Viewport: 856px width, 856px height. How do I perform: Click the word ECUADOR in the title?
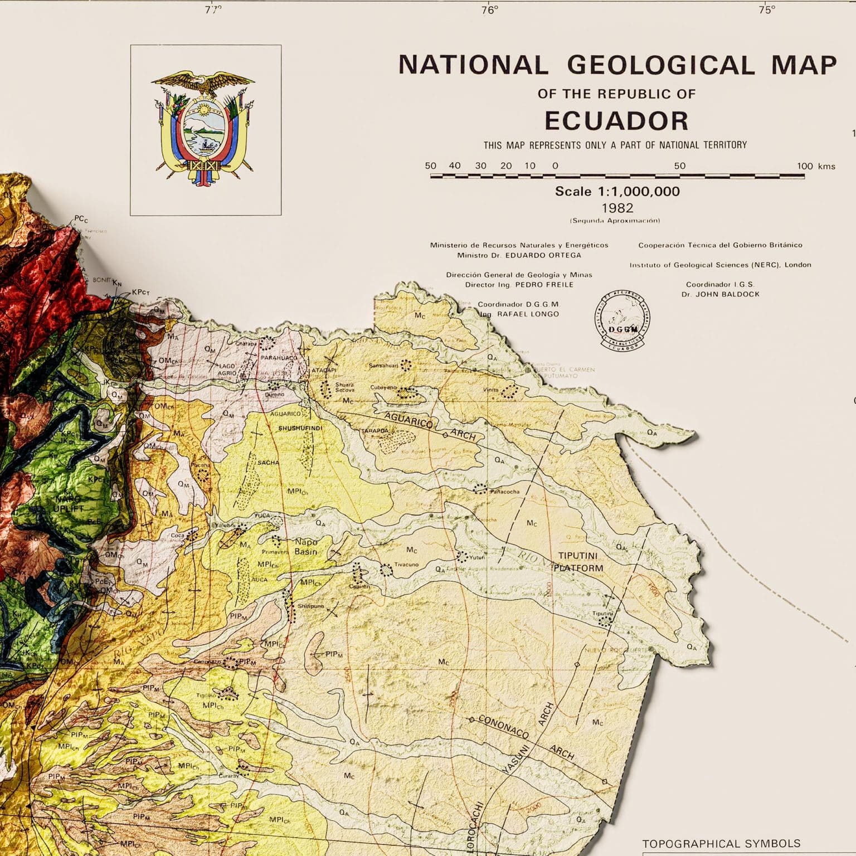point(616,120)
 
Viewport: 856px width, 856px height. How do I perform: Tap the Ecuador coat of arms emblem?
point(206,128)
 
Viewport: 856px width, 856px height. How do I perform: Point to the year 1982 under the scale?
point(617,208)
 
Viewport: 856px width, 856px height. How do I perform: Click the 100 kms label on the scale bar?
point(816,166)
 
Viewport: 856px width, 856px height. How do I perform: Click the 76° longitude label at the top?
point(490,10)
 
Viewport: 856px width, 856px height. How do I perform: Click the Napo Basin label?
point(305,547)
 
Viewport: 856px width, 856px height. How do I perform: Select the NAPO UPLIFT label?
point(68,503)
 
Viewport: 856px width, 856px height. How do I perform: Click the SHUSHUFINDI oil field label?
point(300,428)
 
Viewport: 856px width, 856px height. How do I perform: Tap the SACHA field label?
point(268,463)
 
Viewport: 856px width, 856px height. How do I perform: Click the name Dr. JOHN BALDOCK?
point(720,294)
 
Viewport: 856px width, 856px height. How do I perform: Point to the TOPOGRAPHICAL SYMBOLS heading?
point(721,843)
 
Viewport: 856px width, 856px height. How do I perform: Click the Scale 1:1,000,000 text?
point(617,191)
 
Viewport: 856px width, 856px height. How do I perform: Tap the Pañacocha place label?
point(505,492)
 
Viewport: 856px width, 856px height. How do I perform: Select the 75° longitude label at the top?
point(766,10)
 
